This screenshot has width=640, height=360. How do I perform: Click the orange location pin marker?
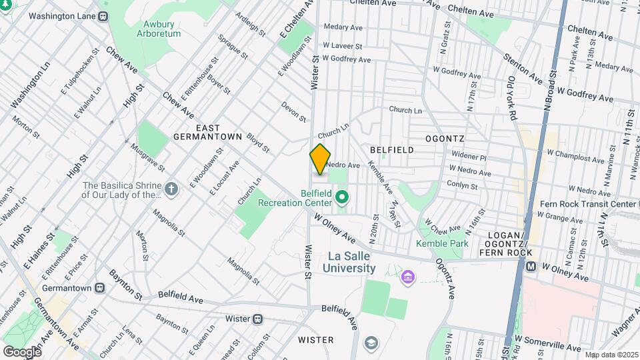coord(320,159)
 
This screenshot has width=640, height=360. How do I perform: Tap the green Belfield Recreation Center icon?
coord(343,197)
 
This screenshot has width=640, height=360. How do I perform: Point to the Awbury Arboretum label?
coord(158,29)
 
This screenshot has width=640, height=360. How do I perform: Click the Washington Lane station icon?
coord(103,15)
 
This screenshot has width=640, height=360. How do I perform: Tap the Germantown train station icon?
coord(99,288)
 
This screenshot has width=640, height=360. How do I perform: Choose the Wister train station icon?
coord(257,318)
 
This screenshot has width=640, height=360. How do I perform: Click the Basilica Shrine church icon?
coord(171,189)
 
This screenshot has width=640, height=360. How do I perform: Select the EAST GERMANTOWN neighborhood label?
coord(207,131)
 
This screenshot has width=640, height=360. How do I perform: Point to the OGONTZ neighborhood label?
coord(445,138)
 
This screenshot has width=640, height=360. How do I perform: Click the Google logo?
coord(21,351)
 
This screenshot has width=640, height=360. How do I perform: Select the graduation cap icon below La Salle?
coord(371,343)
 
